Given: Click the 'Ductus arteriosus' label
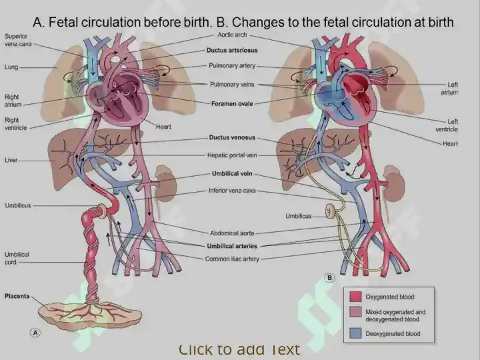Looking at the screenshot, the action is [232, 50].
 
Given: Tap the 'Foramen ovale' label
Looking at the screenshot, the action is [232, 104].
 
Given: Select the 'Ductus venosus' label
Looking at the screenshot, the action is [232, 137].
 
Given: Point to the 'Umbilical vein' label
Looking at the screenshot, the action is [232, 173].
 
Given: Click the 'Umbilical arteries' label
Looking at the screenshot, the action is [232, 246].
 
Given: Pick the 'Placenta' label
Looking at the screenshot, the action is [17, 296].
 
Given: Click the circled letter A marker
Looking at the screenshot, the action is [35, 333].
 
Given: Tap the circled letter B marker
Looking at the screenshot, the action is [330, 277].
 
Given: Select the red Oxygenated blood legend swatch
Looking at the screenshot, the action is [355, 297].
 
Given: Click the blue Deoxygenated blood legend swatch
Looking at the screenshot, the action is [355, 333].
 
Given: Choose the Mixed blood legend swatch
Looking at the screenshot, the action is [355, 312].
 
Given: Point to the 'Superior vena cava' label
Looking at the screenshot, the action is [18, 40].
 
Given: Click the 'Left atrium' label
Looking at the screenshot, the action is [449, 88].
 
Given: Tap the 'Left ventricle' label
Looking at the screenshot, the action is [447, 125].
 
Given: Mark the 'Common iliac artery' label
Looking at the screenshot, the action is [232, 259].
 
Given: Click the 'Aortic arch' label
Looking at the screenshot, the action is [232, 35].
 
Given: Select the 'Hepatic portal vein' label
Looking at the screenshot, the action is [232, 155].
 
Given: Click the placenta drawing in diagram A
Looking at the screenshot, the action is [90, 315].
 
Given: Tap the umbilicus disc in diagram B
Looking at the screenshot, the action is [331, 211].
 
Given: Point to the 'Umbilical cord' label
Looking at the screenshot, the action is [17, 258].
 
